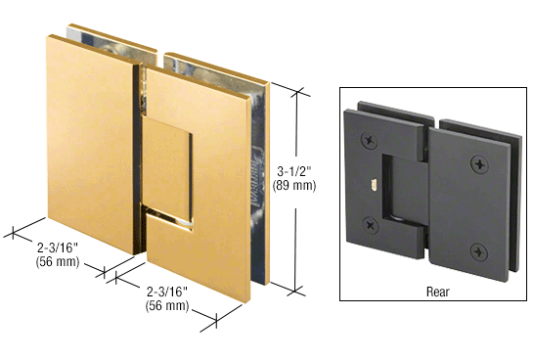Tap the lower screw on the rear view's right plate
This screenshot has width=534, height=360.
point(480,251)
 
